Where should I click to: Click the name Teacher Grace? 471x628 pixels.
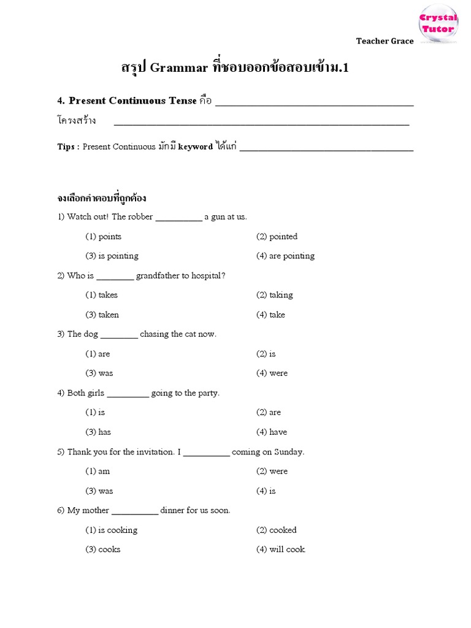click(385, 41)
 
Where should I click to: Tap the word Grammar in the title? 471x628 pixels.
click(179, 68)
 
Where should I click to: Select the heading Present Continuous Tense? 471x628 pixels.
click(133, 101)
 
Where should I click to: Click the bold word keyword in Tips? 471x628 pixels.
click(195, 147)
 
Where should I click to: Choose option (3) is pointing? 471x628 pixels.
click(112, 256)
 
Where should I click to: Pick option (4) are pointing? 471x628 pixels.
click(285, 256)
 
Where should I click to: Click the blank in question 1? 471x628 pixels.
click(178, 217)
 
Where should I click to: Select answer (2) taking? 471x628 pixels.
click(275, 295)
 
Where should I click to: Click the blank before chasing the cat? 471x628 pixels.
click(119, 335)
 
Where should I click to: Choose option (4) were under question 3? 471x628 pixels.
click(272, 373)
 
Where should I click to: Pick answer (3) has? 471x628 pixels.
click(98, 432)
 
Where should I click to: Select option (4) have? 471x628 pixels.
click(272, 432)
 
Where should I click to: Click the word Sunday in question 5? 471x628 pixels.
click(288, 452)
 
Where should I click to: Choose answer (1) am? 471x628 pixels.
click(98, 471)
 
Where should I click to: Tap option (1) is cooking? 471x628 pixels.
click(112, 530)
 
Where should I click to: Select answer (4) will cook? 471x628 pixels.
click(281, 549)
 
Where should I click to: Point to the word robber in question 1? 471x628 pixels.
click(140, 216)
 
